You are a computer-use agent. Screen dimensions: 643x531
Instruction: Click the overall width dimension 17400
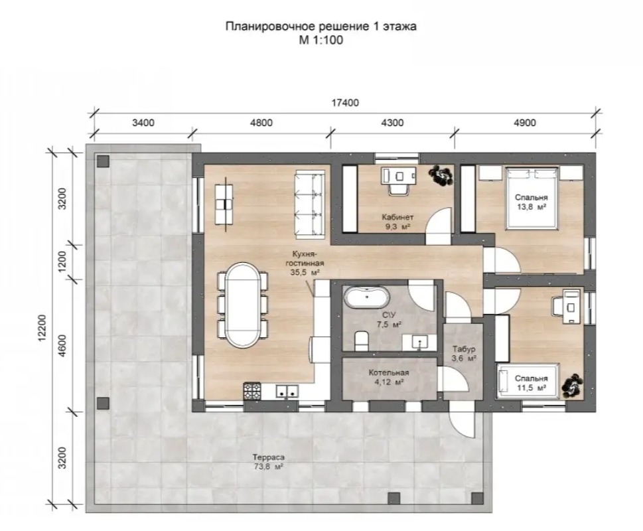click(345, 102)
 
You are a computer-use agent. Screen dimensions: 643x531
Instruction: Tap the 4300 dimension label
click(392, 123)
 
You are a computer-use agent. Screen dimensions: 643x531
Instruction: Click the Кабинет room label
click(397, 217)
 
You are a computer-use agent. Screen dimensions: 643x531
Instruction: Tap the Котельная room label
click(389, 373)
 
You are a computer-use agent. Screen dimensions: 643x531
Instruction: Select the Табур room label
click(464, 349)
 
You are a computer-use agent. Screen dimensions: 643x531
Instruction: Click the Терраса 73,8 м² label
click(269, 462)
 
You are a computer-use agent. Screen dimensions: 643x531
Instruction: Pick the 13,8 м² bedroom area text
click(532, 207)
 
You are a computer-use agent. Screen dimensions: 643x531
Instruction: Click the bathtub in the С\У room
click(366, 297)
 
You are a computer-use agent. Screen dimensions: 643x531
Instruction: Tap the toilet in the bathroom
click(361, 341)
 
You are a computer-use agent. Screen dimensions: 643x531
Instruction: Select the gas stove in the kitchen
click(252, 391)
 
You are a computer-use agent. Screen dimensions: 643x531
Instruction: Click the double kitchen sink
click(287, 391)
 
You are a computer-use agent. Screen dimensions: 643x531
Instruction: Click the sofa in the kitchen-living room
click(310, 205)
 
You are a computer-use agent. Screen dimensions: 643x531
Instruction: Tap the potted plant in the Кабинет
click(441, 175)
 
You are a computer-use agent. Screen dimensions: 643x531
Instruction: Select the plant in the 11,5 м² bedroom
click(572, 386)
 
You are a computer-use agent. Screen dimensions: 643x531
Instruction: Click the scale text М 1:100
click(321, 40)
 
